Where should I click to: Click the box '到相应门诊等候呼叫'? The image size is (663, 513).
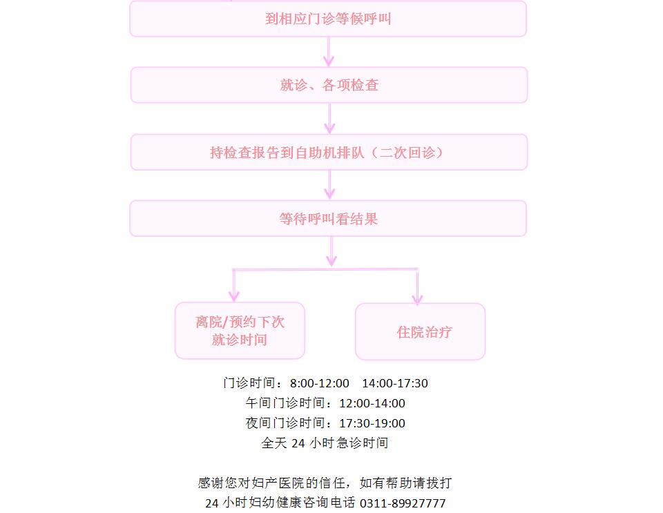tap(328, 19)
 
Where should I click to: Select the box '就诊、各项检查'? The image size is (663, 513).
tap(329, 85)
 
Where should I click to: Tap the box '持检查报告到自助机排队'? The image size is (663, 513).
tap(329, 152)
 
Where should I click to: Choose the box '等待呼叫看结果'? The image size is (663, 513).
tap(328, 218)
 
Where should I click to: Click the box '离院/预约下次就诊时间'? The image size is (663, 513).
tap(240, 331)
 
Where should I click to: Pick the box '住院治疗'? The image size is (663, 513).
tap(421, 331)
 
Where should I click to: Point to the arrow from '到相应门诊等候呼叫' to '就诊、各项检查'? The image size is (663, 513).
tap(329, 52)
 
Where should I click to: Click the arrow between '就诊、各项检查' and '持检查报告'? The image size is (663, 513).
tap(329, 119)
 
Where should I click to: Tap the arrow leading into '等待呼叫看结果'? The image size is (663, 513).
tap(329, 185)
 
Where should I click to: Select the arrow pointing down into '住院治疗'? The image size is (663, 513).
tap(417, 287)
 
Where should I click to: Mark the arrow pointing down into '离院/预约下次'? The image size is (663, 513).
tap(234, 286)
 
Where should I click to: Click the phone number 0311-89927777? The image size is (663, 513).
tap(403, 503)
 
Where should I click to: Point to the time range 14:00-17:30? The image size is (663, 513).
tap(395, 383)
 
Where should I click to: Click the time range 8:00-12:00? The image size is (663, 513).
tap(320, 383)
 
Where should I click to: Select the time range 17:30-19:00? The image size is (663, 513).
tap(372, 423)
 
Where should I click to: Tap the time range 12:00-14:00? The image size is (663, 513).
tap(372, 403)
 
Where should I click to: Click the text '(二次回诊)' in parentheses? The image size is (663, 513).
tap(407, 153)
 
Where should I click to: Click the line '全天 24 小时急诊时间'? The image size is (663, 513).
tap(325, 443)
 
